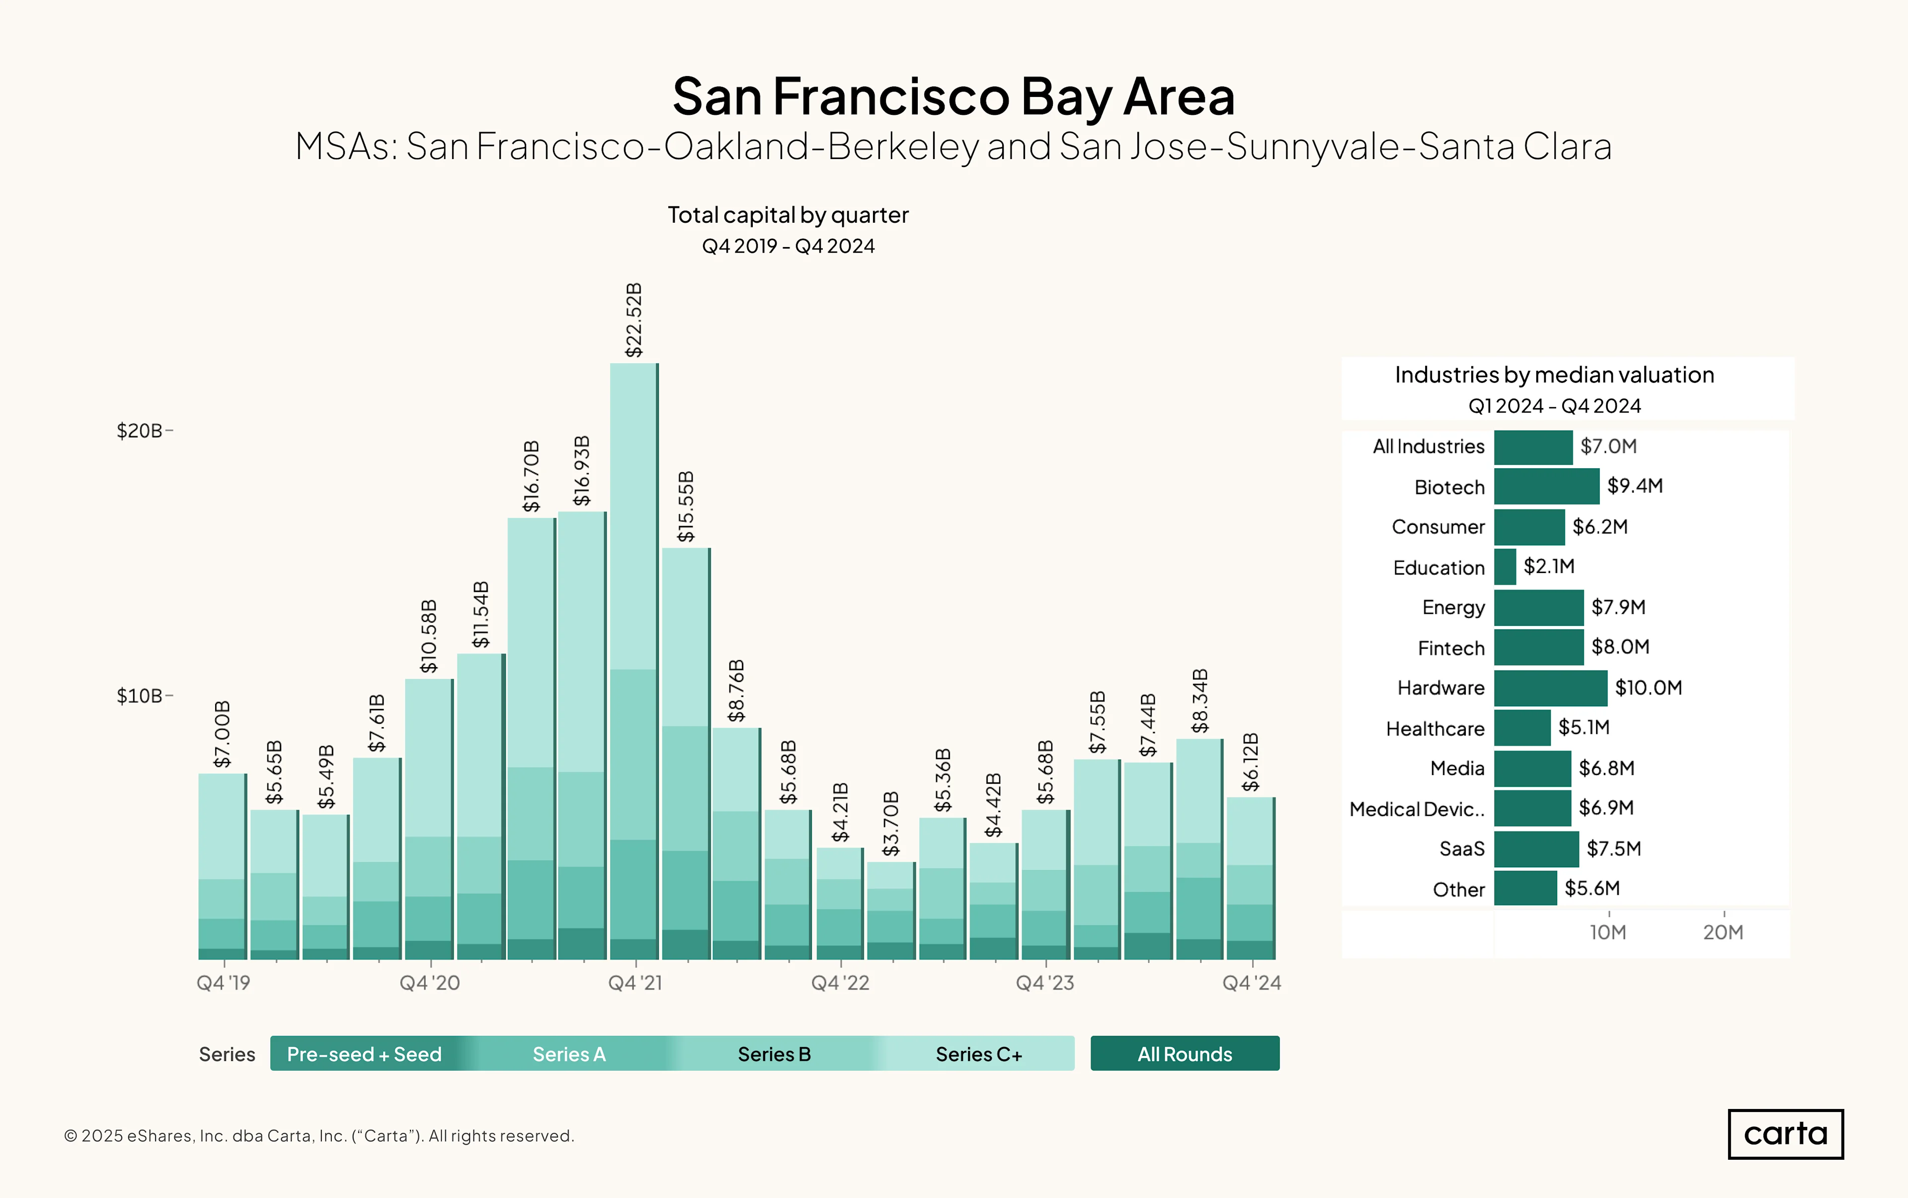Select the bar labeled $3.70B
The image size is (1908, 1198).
pyautogui.click(x=891, y=910)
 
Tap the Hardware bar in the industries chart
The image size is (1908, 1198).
pyautogui.click(x=1551, y=688)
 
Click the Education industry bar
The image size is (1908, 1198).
pyautogui.click(x=1505, y=567)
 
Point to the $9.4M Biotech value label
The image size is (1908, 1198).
pyautogui.click(x=1635, y=486)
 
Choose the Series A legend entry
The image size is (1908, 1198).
pyautogui.click(x=569, y=1054)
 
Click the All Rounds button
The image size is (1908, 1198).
pyautogui.click(x=1185, y=1054)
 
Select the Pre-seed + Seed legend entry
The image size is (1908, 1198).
pyautogui.click(x=364, y=1054)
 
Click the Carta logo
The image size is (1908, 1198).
pyautogui.click(x=1785, y=1134)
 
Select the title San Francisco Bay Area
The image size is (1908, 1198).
pyautogui.click(x=954, y=96)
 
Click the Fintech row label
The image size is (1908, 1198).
pyautogui.click(x=1451, y=648)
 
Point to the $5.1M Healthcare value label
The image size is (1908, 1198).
pyautogui.click(x=1584, y=727)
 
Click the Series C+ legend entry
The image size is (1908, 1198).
pyautogui.click(x=979, y=1054)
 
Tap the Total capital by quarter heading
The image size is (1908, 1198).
pyautogui.click(x=788, y=215)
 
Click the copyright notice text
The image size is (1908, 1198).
pyautogui.click(x=319, y=1135)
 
